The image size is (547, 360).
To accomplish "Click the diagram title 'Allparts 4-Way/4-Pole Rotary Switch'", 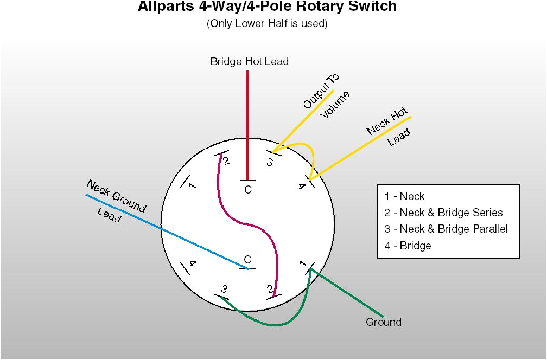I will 267,7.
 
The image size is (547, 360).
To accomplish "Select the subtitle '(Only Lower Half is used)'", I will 267,24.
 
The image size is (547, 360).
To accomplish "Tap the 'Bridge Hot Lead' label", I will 249,62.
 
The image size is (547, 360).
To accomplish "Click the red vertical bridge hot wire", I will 247,119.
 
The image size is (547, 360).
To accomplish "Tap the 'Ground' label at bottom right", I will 384,322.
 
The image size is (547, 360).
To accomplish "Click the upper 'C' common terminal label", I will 248,190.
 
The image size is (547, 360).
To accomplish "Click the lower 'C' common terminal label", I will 247,259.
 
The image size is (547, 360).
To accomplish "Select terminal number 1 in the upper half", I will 192,186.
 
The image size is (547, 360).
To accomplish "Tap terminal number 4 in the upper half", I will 302,187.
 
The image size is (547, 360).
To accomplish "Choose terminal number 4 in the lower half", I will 192,264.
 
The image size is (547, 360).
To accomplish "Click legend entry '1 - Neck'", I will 405,196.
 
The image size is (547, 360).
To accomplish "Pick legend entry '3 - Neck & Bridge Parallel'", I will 446,229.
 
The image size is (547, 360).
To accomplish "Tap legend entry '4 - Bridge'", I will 408,246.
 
